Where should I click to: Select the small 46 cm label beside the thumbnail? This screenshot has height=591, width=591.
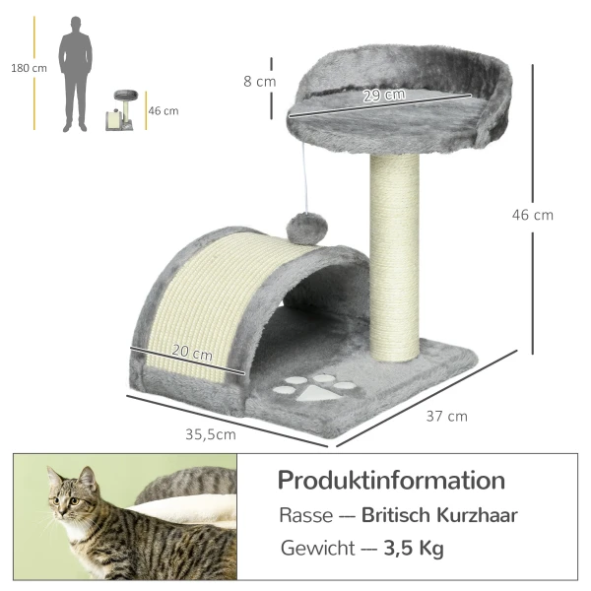pyautogui.click(x=163, y=110)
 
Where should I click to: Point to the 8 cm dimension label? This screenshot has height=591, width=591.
pyautogui.click(x=260, y=82)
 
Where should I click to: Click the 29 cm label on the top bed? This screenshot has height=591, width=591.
pyautogui.click(x=384, y=96)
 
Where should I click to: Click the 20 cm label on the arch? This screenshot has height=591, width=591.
pyautogui.click(x=192, y=354)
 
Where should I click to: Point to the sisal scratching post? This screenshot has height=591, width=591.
pyautogui.click(x=394, y=256)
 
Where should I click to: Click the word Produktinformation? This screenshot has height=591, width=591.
pyautogui.click(x=391, y=481)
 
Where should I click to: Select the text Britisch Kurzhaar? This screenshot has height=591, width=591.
pyautogui.click(x=439, y=515)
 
